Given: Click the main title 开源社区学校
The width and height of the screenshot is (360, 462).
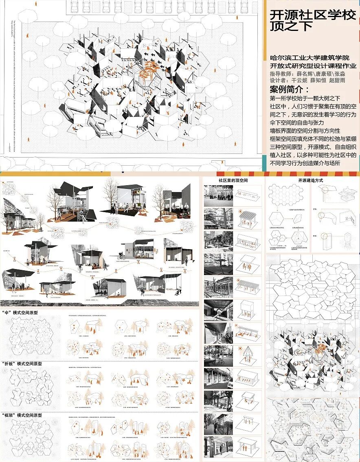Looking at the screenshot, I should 312,15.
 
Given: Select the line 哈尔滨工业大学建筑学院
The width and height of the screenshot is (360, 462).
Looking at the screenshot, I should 310,58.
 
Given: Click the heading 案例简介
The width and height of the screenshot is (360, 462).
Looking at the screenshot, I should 290,90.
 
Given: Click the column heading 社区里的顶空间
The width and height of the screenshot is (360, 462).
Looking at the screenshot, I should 233,180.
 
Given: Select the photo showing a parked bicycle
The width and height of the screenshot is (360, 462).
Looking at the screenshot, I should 218,356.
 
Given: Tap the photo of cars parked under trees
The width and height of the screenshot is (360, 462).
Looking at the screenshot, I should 218,218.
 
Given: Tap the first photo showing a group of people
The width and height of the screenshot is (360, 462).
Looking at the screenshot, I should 218,196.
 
